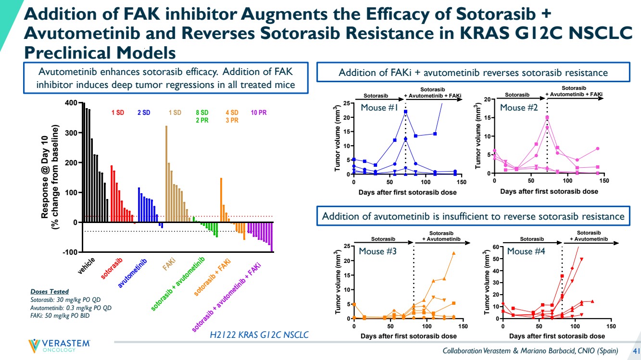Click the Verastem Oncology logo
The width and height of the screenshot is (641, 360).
tap(60, 346)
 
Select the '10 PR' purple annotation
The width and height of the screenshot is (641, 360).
tap(259, 112)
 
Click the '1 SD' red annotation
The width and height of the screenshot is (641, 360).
tap(117, 112)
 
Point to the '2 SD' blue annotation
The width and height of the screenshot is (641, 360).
tap(144, 112)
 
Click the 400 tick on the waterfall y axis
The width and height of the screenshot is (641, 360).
tap(71, 103)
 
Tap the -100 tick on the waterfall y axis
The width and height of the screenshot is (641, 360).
tap(70, 252)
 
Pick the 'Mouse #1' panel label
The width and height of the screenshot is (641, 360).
tap(379, 108)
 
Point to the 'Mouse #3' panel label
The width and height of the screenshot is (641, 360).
tap(377, 251)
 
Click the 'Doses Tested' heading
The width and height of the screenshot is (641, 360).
tap(49, 292)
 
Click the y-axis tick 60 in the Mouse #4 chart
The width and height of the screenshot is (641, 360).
tap(495, 248)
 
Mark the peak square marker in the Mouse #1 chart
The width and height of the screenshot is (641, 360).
tap(406, 112)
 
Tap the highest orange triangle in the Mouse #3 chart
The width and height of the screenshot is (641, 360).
tap(453, 253)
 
